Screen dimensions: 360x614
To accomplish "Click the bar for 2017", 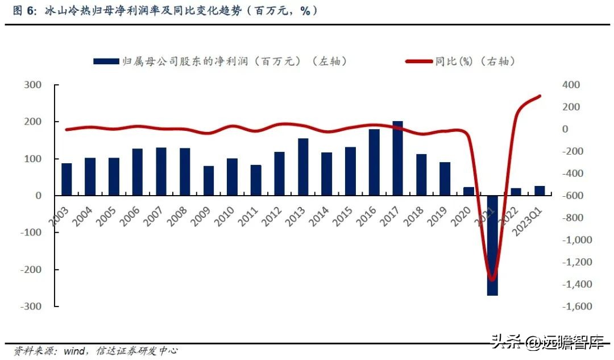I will (x=398, y=158).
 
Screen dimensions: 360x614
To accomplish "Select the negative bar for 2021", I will (x=492, y=245).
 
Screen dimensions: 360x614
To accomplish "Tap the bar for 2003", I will (x=67, y=179).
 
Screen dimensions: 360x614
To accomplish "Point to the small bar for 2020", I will (x=468, y=191).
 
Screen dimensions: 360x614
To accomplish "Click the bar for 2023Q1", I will (x=540, y=191).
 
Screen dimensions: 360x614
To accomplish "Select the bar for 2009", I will (x=209, y=181).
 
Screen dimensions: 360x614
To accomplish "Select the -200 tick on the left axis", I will (x=31, y=270).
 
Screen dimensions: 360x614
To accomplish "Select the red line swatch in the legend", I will (x=418, y=61).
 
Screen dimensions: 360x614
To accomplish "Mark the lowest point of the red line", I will (x=492, y=279).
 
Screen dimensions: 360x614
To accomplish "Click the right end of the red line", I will (x=539, y=96).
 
